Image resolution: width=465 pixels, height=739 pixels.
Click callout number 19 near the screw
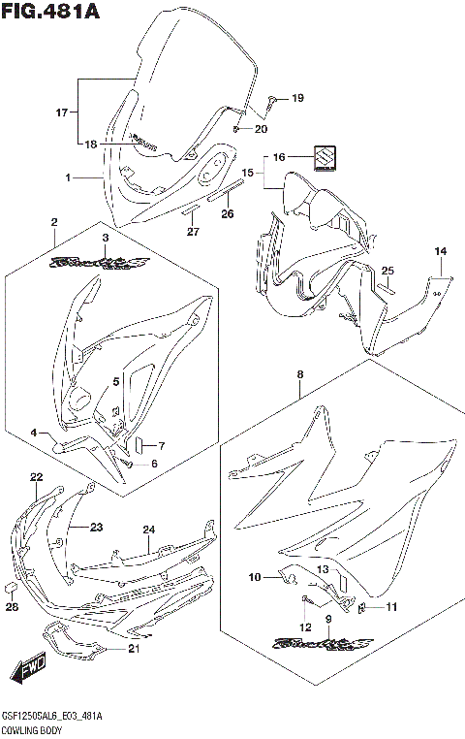click(297, 98)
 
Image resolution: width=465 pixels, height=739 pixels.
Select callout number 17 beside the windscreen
click(61, 112)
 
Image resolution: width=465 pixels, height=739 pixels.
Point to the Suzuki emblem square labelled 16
click(324, 154)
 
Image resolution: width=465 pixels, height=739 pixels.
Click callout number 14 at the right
click(441, 251)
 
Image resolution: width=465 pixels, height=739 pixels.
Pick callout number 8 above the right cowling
click(300, 373)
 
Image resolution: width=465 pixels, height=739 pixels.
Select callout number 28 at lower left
click(12, 607)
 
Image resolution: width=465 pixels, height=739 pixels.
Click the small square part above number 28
click(12, 588)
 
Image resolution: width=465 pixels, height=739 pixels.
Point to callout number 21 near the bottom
click(134, 649)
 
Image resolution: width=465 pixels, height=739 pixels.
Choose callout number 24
click(149, 530)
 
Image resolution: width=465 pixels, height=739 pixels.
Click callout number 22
click(36, 477)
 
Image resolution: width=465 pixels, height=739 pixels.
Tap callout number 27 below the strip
click(192, 231)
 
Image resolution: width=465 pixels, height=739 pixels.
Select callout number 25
click(387, 271)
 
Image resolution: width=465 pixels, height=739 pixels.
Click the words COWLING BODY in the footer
click(30, 728)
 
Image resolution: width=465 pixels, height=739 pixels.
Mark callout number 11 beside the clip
click(391, 607)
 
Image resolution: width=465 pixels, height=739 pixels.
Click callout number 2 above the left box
click(54, 223)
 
